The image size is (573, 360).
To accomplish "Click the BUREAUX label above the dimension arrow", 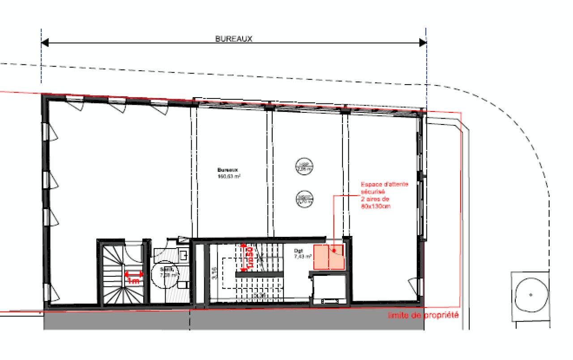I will (234, 39).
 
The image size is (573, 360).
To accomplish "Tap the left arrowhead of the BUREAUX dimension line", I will (45, 43).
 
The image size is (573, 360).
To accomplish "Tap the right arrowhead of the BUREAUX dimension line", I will (422, 43).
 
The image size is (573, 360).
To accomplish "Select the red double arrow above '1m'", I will (133, 274).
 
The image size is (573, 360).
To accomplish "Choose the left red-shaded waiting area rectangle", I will (321, 257).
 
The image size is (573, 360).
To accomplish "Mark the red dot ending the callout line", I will (333, 250).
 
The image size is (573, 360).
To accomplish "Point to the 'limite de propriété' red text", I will (423, 316).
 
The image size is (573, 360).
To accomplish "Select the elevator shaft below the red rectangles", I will (329, 290).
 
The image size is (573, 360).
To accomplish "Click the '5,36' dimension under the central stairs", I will (259, 296).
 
